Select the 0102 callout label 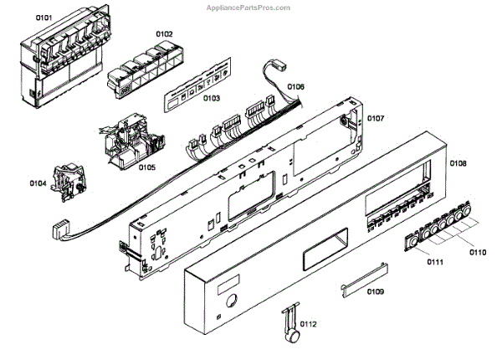164,34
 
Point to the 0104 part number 37,182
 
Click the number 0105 147,167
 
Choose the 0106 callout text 296,86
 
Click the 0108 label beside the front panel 458,162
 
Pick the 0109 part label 375,292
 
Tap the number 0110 477,252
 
